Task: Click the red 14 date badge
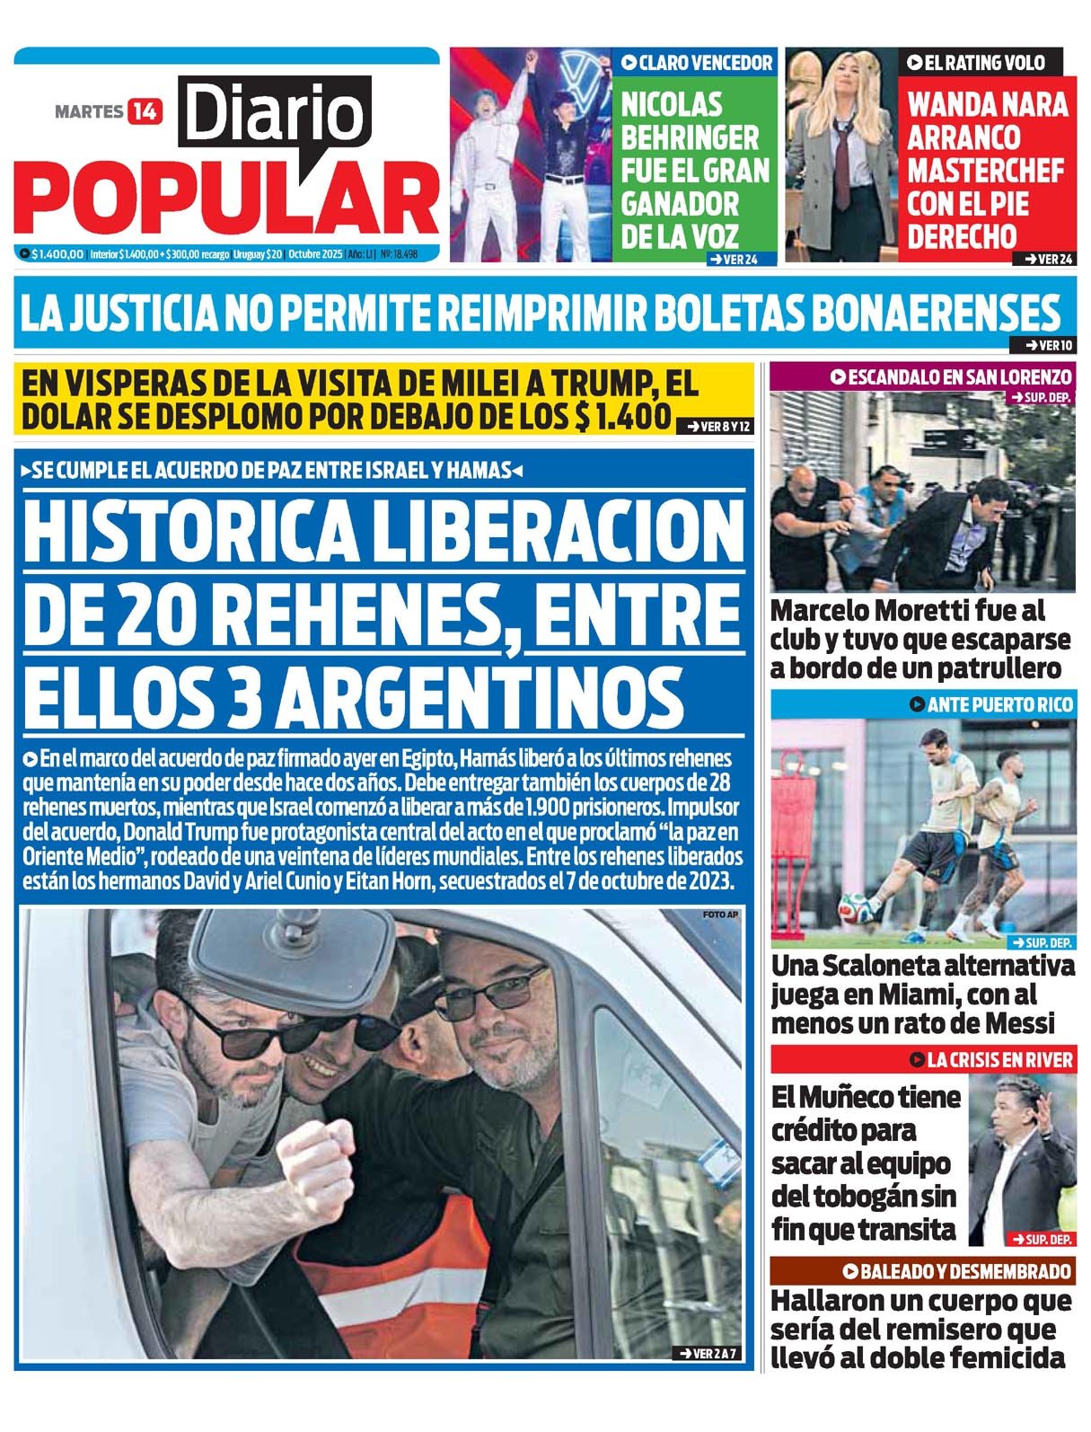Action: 145,111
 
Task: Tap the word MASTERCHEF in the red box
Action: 985,170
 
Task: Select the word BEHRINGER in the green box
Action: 690,137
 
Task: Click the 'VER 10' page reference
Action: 1044,345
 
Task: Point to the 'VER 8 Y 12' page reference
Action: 717,427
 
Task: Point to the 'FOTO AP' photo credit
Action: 720,915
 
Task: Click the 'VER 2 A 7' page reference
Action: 708,1353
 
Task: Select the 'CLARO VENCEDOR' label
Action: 697,62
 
